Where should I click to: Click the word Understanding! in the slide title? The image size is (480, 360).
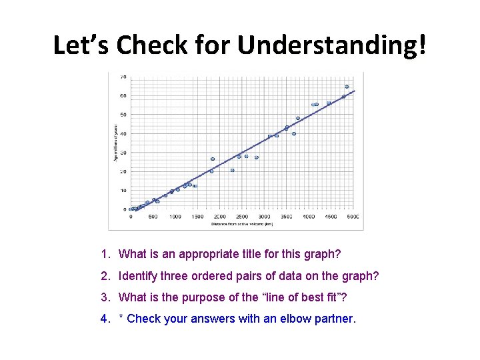click(x=332, y=45)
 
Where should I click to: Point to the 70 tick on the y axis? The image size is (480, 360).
click(x=123, y=77)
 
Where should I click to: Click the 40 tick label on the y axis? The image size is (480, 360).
click(x=123, y=133)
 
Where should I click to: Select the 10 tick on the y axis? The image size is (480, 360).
click(x=123, y=191)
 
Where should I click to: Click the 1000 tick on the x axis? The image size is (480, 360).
click(x=175, y=217)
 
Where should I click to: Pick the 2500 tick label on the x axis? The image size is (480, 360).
click(x=242, y=217)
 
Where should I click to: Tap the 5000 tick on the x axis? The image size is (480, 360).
click(x=353, y=217)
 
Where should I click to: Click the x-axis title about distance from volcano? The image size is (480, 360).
click(x=242, y=224)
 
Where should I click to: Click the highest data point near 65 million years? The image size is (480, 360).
click(x=347, y=87)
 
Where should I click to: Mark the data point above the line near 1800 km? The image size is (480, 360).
click(x=213, y=159)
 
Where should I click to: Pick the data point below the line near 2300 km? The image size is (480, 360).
click(x=232, y=170)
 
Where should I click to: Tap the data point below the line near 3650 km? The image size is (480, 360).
click(x=293, y=133)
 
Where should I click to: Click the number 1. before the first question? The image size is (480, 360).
click(x=105, y=254)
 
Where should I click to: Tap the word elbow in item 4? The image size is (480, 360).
click(x=298, y=319)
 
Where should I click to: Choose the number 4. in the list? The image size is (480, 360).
click(x=105, y=319)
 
